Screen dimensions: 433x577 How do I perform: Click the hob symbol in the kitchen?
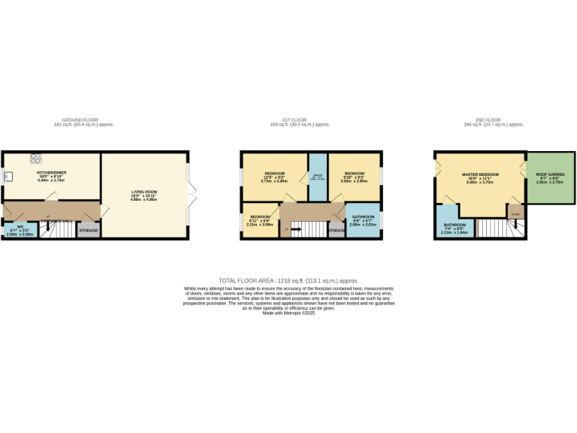(x=35, y=159)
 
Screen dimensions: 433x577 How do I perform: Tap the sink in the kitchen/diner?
(x=8, y=178)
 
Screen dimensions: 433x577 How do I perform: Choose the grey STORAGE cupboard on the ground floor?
(x=89, y=230)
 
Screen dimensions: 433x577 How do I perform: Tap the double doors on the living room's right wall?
(x=192, y=195)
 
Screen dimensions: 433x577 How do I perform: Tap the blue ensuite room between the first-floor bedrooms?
(x=317, y=177)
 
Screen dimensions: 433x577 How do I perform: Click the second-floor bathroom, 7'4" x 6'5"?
(x=455, y=229)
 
